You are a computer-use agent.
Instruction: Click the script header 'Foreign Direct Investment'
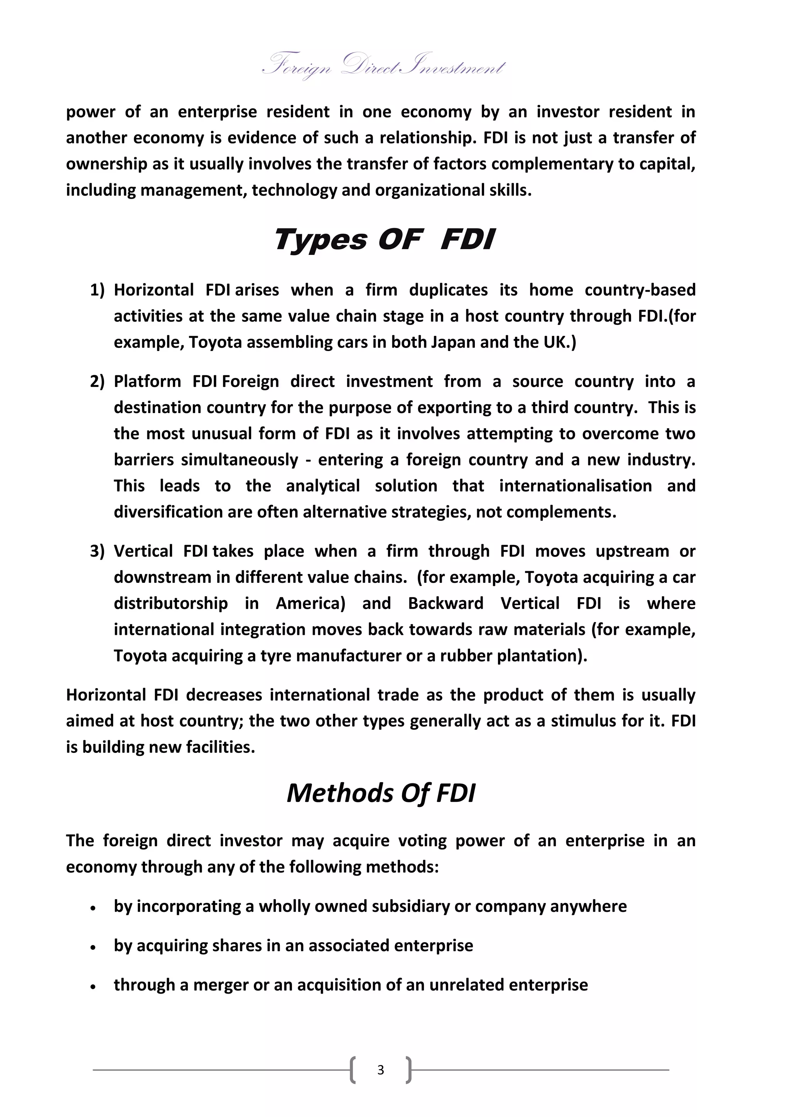384,67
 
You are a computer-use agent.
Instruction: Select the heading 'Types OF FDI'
384,240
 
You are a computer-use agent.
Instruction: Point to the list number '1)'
97,290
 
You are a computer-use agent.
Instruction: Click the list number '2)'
97,381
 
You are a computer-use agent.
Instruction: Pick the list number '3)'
97,551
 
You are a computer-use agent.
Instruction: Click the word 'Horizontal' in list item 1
154,290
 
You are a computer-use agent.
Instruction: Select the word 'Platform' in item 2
147,381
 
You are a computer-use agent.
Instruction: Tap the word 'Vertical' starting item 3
143,551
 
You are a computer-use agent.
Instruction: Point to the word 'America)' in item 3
311,604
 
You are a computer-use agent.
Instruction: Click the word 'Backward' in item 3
446,604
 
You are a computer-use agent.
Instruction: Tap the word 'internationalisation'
576,486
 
